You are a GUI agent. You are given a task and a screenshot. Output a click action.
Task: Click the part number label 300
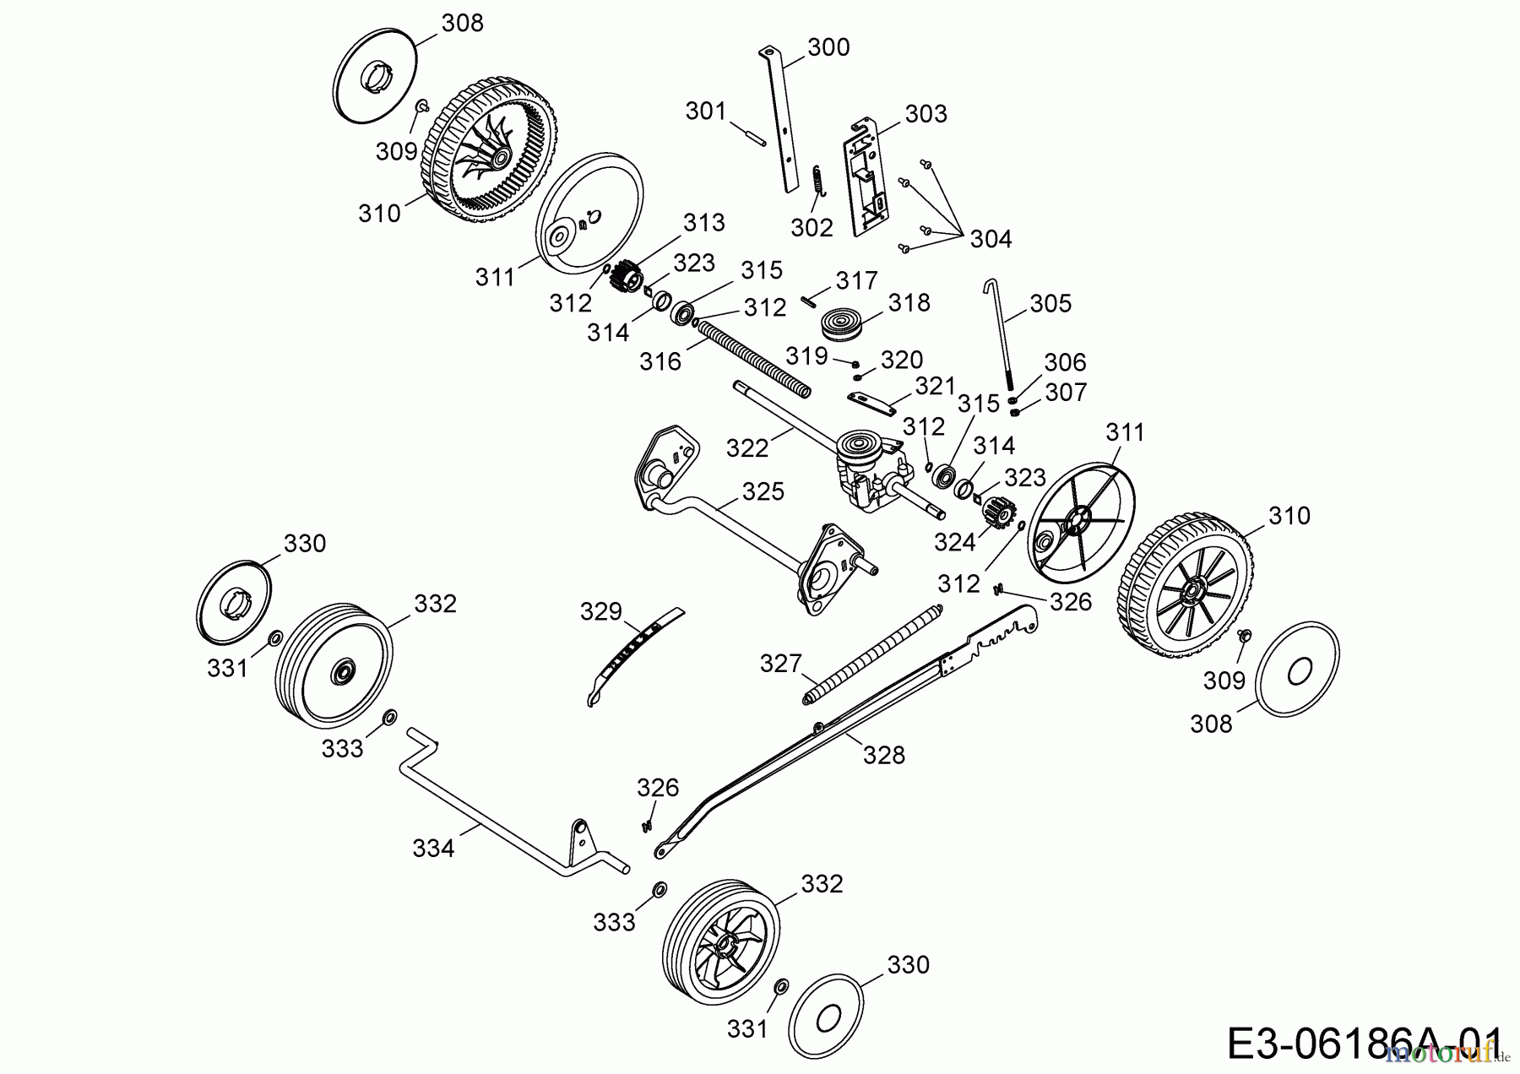[x=828, y=47]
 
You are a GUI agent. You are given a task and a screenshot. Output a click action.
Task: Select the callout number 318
[x=909, y=302]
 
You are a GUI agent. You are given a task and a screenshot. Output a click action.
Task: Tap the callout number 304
[x=990, y=239]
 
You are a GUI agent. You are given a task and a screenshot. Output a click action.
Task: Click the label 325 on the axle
[x=763, y=491]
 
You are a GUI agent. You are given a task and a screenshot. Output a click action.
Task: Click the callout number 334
[x=433, y=848]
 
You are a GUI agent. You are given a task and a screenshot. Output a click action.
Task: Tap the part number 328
[x=883, y=755]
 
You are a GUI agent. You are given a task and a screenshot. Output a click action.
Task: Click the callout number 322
[x=747, y=448]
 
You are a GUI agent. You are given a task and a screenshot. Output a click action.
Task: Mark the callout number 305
[x=1050, y=303]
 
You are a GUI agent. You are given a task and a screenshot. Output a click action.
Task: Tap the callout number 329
[x=601, y=611]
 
